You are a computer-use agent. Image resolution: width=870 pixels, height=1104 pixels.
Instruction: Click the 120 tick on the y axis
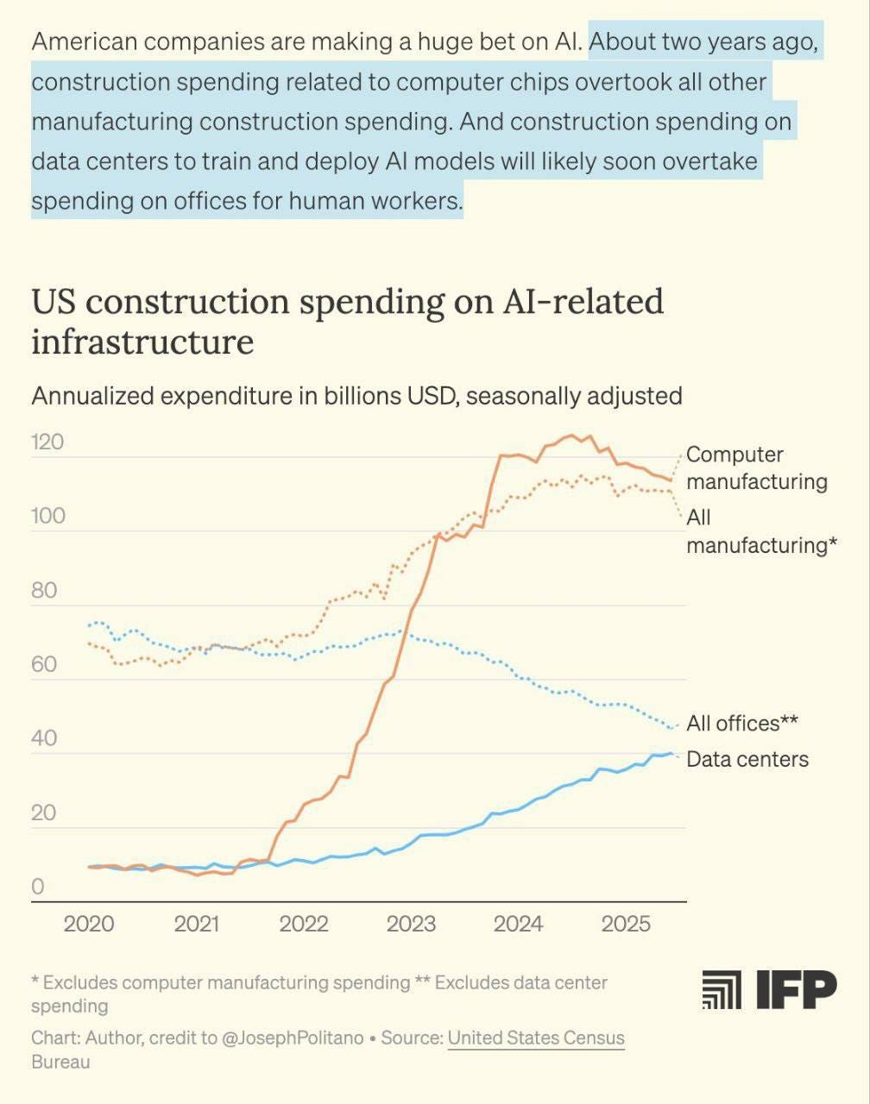(x=47, y=442)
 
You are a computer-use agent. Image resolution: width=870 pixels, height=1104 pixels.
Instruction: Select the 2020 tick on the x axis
(x=89, y=925)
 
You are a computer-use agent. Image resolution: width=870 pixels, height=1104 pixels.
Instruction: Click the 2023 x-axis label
(x=411, y=925)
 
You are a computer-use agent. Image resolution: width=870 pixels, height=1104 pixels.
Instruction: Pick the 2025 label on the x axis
(x=626, y=925)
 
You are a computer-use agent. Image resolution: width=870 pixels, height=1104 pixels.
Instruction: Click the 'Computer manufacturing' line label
(x=756, y=467)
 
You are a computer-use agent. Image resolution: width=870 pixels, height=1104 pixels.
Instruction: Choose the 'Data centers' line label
(x=747, y=759)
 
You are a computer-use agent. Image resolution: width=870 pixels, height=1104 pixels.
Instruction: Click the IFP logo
(x=769, y=989)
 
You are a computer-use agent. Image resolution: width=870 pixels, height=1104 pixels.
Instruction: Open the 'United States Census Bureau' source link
(x=535, y=1038)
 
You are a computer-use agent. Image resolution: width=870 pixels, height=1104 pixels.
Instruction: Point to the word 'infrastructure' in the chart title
(x=142, y=342)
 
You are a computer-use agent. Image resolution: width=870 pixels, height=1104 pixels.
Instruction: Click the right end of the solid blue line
(x=671, y=753)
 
